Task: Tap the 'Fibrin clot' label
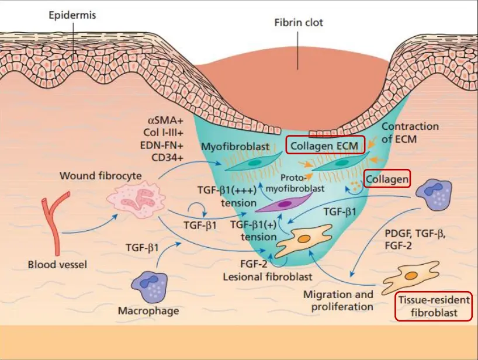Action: [298, 23]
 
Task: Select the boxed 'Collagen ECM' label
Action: [325, 145]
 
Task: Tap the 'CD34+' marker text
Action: [167, 157]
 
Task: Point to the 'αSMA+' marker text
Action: [165, 120]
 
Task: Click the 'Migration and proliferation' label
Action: [338, 300]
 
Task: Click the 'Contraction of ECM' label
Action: [410, 132]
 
